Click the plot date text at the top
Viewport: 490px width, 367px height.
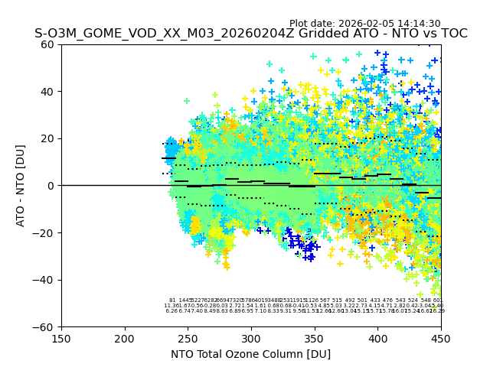coord(364,24)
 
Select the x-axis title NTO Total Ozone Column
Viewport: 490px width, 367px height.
coord(251,354)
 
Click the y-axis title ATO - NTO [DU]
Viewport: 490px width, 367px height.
coord(21,186)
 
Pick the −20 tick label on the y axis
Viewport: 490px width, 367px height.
coord(46,232)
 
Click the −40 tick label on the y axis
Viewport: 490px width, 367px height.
coord(46,280)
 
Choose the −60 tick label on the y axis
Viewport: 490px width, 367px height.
coord(46,326)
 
